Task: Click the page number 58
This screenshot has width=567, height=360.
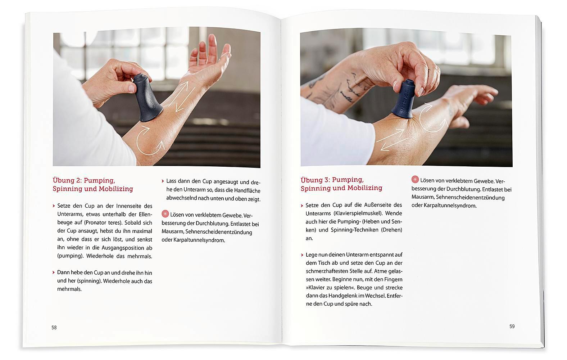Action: click(x=54, y=328)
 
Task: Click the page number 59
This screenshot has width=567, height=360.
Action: click(x=512, y=327)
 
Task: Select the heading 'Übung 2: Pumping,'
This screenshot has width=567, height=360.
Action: click(x=84, y=180)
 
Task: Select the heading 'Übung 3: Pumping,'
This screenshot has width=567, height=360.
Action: click(x=332, y=180)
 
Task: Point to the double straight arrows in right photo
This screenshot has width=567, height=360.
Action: click(x=390, y=141)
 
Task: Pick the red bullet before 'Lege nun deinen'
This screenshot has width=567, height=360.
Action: click(x=302, y=255)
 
